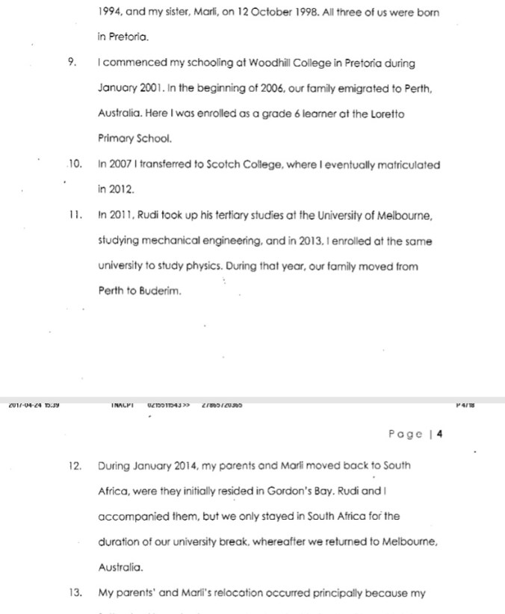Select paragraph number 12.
coord(74,465)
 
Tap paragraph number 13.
coord(74,594)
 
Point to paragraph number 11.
coord(73,216)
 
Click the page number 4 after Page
coord(439,434)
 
